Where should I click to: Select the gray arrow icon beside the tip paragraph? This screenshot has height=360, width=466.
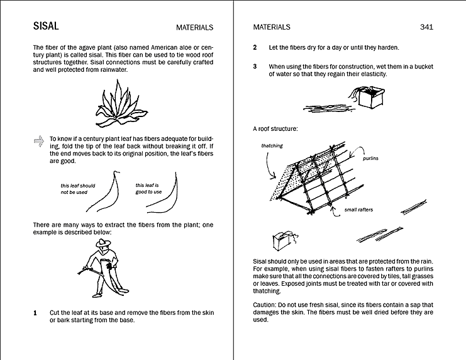tap(38, 142)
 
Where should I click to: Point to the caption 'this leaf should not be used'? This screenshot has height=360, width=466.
tap(78, 189)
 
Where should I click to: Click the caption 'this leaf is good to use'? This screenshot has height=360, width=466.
tap(148, 188)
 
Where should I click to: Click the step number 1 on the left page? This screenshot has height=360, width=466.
tap(35, 313)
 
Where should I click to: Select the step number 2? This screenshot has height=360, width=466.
tap(255, 48)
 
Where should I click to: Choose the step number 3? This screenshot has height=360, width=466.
tap(255, 66)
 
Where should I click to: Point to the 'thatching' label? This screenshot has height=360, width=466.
tap(272, 146)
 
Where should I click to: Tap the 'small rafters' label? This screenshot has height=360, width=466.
tap(358, 210)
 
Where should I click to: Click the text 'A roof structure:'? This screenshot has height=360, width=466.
tap(275, 129)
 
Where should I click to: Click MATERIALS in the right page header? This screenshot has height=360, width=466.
tap(272, 28)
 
